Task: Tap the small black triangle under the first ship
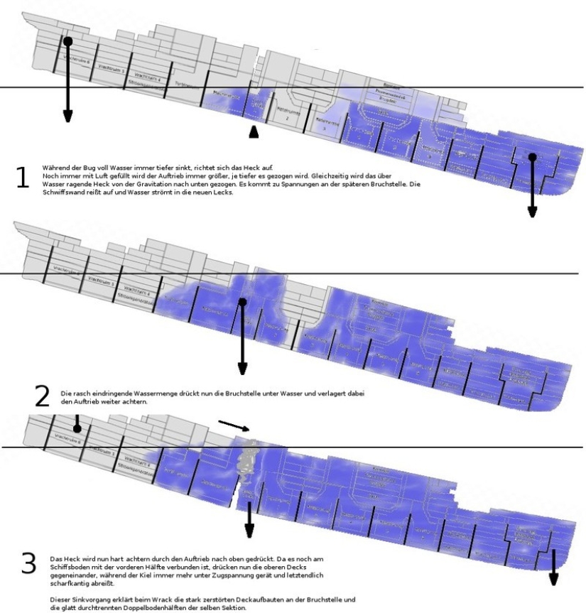click(254, 132)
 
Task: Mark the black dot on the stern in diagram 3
click(77, 428)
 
